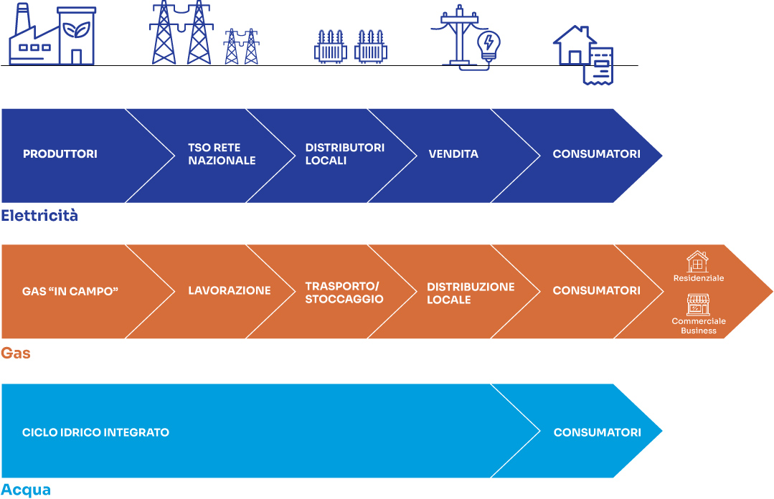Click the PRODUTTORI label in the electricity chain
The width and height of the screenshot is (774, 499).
pyautogui.click(x=60, y=154)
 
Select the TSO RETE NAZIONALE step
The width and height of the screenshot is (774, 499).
pyautogui.click(x=222, y=154)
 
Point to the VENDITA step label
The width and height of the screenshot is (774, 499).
pyautogui.click(x=453, y=154)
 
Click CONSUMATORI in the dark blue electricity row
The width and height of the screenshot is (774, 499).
pyautogui.click(x=596, y=154)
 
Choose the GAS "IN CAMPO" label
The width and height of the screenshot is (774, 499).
pyautogui.click(x=70, y=291)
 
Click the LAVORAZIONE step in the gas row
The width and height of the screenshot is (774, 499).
pyautogui.click(x=230, y=291)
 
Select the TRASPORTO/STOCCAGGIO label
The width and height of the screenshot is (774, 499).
pyautogui.click(x=344, y=293)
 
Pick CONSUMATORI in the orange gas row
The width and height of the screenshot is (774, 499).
pyautogui.click(x=596, y=291)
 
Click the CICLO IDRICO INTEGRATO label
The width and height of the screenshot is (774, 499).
pyautogui.click(x=95, y=432)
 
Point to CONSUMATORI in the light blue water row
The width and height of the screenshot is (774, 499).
pyautogui.click(x=597, y=432)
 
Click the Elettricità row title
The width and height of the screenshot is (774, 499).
pyautogui.click(x=39, y=215)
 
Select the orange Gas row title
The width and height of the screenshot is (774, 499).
pyautogui.click(x=16, y=353)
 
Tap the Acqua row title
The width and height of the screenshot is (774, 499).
pyautogui.click(x=26, y=490)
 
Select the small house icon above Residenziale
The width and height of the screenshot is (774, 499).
pyautogui.click(x=697, y=262)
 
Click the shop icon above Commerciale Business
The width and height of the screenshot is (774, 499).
pyautogui.click(x=697, y=305)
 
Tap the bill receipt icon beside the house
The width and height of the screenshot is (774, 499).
pyautogui.click(x=600, y=66)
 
